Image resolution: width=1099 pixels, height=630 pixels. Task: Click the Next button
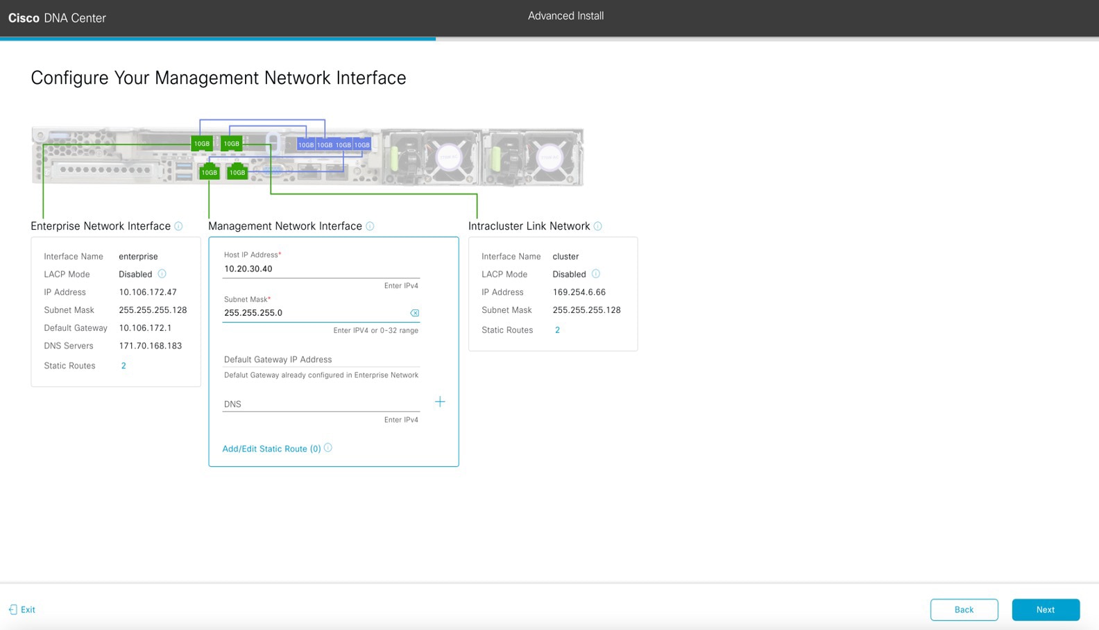pos(1046,609)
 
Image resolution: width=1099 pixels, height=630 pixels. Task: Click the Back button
pos(964,609)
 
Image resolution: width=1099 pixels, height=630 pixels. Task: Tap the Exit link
pos(22,609)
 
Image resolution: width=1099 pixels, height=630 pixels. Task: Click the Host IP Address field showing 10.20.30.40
pos(321,269)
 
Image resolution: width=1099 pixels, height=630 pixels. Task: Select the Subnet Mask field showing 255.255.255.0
pos(314,313)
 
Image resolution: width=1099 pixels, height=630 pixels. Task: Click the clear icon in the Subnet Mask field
pos(415,313)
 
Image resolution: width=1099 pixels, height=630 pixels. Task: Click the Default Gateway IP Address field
pos(321,359)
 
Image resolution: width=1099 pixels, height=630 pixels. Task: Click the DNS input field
pos(321,405)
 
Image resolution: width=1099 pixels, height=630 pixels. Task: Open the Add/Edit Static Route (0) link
pos(271,449)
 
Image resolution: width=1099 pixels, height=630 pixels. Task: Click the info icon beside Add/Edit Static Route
pos(328,448)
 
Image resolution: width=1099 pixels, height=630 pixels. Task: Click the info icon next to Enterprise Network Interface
pos(178,226)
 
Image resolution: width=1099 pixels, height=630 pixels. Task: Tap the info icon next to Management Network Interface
pos(370,226)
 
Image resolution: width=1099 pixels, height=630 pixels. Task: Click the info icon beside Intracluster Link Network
pos(597,226)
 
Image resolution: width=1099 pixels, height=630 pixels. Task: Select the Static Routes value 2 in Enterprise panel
pos(123,366)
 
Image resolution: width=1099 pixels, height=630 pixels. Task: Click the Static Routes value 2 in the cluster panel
pos(557,330)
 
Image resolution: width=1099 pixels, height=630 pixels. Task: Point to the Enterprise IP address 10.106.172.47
pos(148,292)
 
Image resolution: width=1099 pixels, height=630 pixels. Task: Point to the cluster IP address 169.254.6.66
pos(579,292)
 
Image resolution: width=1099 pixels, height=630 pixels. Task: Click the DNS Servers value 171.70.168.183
pos(150,346)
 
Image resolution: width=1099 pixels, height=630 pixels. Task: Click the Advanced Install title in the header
pos(565,16)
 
